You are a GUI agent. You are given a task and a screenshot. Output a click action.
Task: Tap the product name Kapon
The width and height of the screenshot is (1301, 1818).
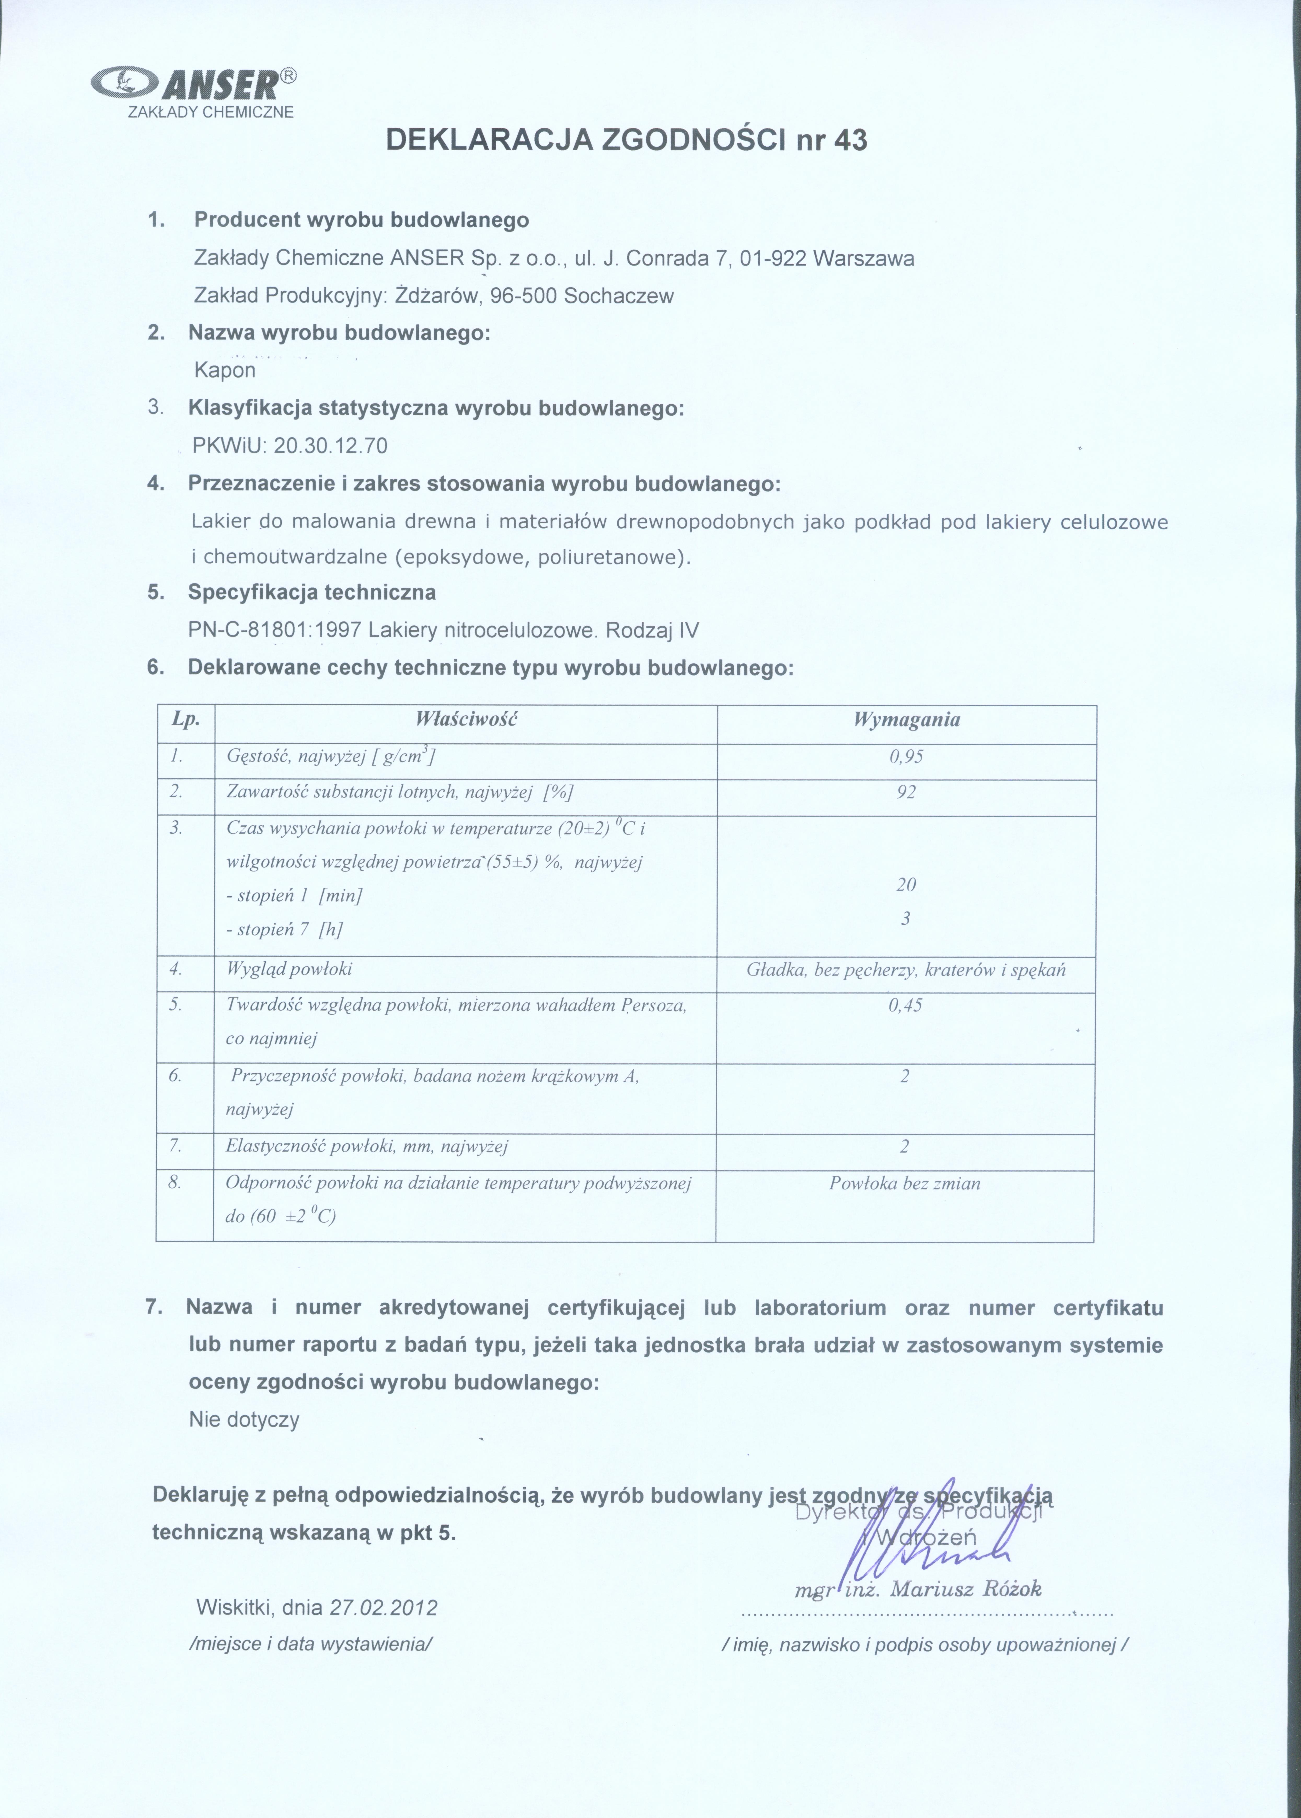225,370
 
